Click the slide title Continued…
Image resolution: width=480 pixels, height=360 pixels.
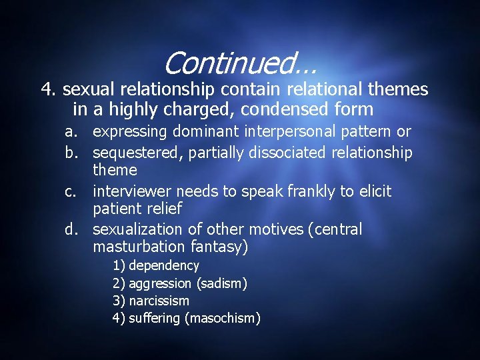click(239, 64)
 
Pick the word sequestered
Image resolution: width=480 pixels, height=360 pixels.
click(136, 153)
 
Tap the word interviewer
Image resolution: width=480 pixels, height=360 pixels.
click(132, 192)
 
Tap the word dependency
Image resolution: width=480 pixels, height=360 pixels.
click(164, 266)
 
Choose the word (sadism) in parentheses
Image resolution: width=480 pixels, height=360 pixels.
click(222, 284)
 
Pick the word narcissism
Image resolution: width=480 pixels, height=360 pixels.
click(159, 301)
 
